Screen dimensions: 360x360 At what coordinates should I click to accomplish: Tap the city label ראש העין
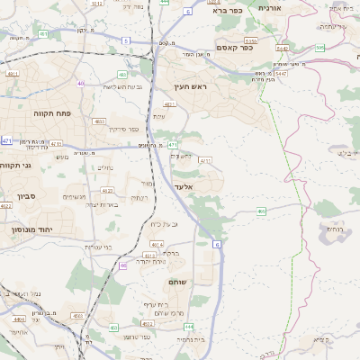pos(190,87)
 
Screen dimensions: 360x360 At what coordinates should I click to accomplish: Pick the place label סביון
pos(26,194)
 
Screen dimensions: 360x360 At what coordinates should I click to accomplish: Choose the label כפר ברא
pos(229,11)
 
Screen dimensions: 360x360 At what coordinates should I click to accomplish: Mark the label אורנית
pos(270,7)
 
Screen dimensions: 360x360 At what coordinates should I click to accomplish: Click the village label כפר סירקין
pos(122,129)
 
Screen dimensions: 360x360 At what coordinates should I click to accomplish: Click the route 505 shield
pos(319,48)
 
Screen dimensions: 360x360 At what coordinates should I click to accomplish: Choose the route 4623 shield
pos(107,191)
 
